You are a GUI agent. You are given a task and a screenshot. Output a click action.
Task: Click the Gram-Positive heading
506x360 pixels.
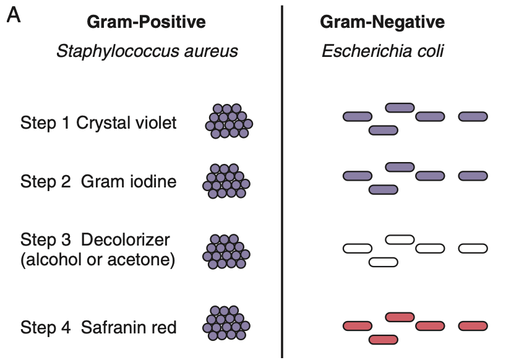coord(146,23)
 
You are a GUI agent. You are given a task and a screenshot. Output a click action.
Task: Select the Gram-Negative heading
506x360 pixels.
coord(382,23)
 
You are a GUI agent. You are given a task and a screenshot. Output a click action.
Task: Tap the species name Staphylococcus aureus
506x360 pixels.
coord(147,51)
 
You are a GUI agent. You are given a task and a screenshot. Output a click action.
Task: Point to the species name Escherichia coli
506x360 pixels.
coord(382,51)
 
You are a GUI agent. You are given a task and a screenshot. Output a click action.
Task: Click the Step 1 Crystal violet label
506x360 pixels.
coord(98,122)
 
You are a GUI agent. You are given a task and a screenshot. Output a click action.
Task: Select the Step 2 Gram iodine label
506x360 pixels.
coord(98,181)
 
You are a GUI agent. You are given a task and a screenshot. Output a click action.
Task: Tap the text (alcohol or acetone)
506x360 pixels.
coord(98,260)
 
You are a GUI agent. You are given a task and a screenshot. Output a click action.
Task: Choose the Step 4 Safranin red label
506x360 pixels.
coord(98,327)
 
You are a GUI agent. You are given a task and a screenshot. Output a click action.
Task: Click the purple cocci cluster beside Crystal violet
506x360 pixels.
coord(228,121)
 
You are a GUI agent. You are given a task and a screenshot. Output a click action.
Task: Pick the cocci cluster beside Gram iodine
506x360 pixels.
coord(226,181)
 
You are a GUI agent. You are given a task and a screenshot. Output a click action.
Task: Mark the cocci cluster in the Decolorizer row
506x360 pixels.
coord(226,251)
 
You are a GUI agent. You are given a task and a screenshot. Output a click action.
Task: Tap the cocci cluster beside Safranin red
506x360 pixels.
coord(227,323)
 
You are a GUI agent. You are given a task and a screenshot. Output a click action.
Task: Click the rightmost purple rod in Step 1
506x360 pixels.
coord(473,116)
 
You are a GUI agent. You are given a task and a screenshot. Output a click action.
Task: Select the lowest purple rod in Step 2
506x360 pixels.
coord(384,189)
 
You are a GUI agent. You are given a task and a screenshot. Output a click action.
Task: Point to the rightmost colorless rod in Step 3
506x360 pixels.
coord(473,249)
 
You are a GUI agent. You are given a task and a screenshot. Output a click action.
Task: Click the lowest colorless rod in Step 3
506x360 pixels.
coord(384,262)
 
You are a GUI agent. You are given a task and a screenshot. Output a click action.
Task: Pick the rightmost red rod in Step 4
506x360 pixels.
coord(473,326)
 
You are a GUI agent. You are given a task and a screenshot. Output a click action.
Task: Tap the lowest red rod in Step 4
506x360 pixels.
coord(384,339)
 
